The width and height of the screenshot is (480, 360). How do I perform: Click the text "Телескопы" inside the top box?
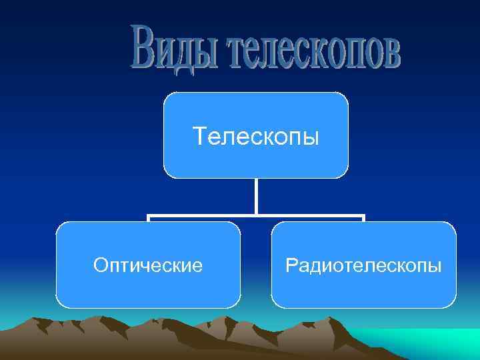point(256,137)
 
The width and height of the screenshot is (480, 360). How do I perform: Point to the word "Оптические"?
point(148,266)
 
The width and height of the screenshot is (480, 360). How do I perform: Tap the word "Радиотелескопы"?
point(363,266)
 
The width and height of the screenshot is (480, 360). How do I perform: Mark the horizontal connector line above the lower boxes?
point(200,217)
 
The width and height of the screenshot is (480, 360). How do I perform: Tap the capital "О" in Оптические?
point(100,266)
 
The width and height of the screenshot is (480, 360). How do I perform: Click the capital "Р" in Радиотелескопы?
point(290,266)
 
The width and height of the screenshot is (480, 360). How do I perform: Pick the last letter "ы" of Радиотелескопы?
point(435,267)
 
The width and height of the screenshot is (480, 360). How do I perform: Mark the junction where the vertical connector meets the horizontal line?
point(256,216)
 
